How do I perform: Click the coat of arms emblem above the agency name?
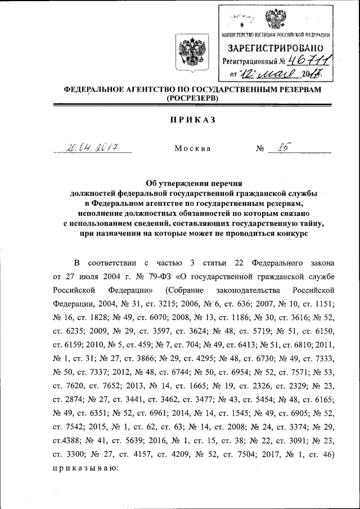pos(186,51)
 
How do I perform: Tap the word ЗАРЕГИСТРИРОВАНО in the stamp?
pos(274,48)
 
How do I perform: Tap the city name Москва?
pos(192,149)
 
